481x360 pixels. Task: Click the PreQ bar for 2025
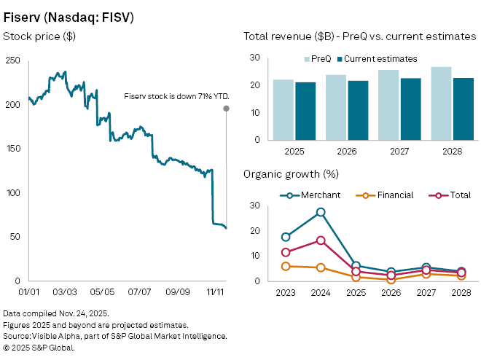284,110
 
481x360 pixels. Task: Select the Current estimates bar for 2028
463,109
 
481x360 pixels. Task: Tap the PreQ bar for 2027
388,105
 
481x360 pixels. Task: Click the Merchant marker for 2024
321,212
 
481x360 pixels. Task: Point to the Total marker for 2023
286,253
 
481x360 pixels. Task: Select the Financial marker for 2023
286,266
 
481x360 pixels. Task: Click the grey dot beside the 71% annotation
227,109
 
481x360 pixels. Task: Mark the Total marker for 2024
321,240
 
